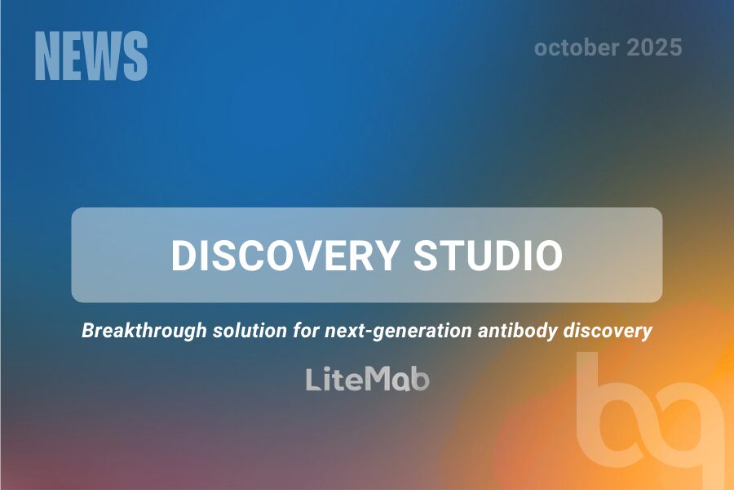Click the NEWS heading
91,56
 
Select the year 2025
654,48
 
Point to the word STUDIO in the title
489,256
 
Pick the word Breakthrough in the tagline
144,331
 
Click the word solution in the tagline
250,331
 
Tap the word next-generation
398,332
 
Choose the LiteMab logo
368,379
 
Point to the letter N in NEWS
47,56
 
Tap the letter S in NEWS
136,56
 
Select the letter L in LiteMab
314,379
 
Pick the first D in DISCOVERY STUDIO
183,256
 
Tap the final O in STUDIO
548,256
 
